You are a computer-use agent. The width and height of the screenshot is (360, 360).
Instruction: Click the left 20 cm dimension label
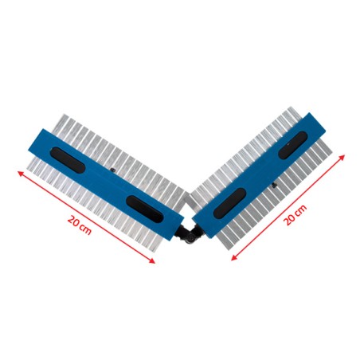click(80, 225)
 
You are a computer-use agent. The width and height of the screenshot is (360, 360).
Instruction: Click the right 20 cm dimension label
click(295, 215)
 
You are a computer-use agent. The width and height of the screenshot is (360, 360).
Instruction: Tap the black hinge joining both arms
click(190, 232)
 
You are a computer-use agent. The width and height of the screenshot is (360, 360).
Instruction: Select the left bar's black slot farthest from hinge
click(68, 160)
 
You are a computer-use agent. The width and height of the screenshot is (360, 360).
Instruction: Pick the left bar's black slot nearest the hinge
click(144, 209)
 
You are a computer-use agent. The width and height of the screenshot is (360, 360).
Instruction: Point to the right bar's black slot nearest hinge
click(229, 203)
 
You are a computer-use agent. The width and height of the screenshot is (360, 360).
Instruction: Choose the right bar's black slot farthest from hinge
click(293, 145)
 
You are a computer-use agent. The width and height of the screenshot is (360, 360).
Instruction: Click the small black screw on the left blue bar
click(112, 170)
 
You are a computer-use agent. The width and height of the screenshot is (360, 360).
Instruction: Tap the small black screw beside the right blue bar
click(275, 186)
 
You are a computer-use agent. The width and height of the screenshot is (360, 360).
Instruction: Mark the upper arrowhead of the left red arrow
click(20, 174)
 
